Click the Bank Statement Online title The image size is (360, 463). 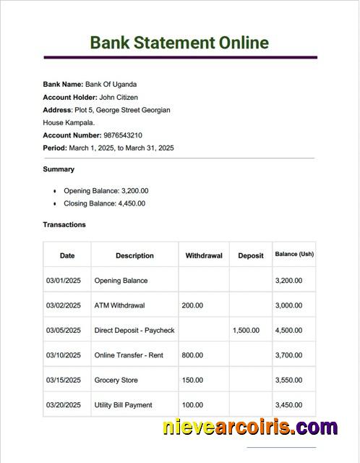pyautogui.click(x=179, y=42)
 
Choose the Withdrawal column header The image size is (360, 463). pyautogui.click(x=204, y=255)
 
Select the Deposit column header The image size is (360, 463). pyautogui.click(x=251, y=255)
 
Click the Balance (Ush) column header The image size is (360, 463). pyautogui.click(x=294, y=255)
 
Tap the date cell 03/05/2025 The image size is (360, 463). pyautogui.click(x=64, y=331)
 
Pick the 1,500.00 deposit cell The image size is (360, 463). pyautogui.click(x=246, y=331)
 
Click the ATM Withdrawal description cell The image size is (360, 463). pyautogui.click(x=119, y=305)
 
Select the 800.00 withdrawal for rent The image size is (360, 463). pyautogui.click(x=192, y=355)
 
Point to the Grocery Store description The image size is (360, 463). pyautogui.click(x=116, y=380)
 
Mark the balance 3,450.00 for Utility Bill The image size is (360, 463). pyautogui.click(x=288, y=405)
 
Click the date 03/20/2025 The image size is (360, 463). pyautogui.click(x=64, y=405)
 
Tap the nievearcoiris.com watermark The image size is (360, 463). pyautogui.click(x=249, y=427)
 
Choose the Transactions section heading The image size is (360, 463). pyautogui.click(x=64, y=224)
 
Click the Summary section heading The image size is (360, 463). pyautogui.click(x=59, y=169)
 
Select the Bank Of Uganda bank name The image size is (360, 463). pyautogui.click(x=111, y=85)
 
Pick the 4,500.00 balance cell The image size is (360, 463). pyautogui.click(x=288, y=331)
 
